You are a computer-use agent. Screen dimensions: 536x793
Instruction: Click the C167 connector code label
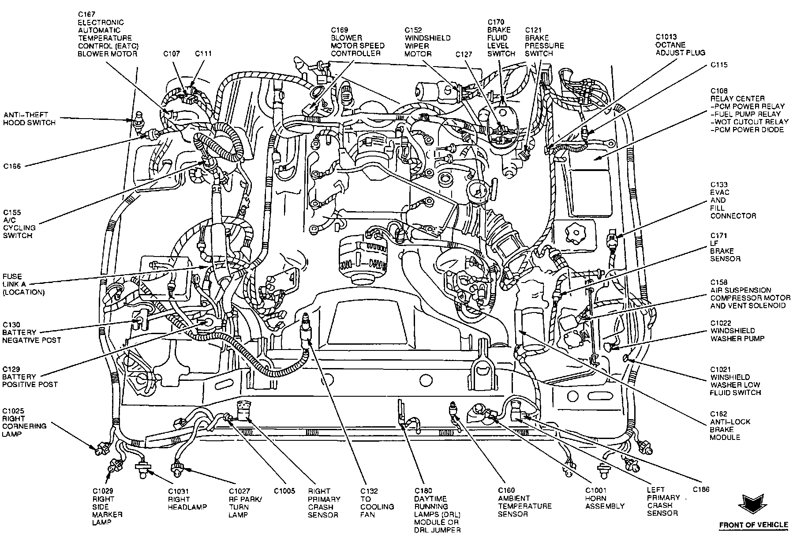click(86, 15)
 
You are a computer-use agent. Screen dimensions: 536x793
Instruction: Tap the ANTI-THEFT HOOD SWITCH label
click(30, 119)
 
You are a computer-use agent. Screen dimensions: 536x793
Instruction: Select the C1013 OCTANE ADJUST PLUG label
click(680, 45)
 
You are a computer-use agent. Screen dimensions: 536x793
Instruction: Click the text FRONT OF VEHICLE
click(753, 525)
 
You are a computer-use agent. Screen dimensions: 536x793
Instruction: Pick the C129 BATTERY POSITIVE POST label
click(30, 376)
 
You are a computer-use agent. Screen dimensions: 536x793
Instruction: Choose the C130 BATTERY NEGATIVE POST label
click(31, 332)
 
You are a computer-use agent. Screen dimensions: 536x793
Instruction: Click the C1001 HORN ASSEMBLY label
click(605, 498)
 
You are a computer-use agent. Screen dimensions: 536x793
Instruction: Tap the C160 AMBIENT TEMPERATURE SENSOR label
click(524, 502)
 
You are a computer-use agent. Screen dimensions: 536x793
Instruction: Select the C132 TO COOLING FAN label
click(377, 502)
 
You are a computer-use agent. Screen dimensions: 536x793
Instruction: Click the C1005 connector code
click(284, 490)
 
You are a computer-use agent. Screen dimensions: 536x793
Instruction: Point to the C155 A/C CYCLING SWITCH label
click(19, 224)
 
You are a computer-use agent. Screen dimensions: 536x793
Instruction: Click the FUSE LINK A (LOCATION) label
click(23, 284)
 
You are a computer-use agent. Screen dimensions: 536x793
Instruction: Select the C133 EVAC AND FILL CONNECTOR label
click(733, 200)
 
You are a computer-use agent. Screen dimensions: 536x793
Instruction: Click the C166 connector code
click(12, 166)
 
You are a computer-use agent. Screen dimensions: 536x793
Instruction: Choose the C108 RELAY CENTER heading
click(737, 95)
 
